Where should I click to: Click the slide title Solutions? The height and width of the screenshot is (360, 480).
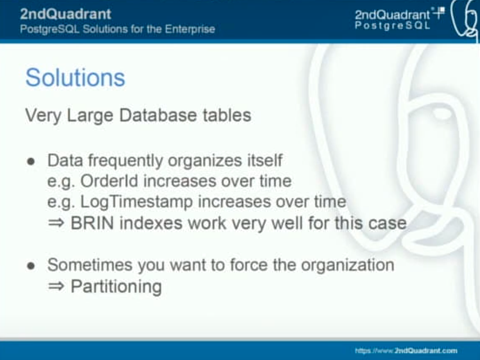[75, 78]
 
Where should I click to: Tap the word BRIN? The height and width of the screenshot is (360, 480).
[92, 223]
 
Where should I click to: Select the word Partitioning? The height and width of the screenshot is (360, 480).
[116, 287]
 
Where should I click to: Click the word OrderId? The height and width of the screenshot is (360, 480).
[109, 181]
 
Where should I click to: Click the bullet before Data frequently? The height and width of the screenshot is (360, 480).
[31, 161]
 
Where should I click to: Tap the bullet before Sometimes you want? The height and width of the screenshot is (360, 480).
[31, 266]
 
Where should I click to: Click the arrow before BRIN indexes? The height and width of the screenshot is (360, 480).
[56, 224]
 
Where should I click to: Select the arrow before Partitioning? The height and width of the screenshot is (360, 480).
[56, 286]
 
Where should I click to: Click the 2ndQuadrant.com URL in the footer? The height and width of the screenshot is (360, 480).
[406, 350]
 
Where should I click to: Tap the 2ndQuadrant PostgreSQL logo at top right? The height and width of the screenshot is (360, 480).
[400, 19]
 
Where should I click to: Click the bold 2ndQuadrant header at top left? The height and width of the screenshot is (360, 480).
[66, 14]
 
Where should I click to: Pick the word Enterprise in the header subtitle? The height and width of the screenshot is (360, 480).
[190, 29]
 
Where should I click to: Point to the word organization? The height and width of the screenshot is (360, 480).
[347, 265]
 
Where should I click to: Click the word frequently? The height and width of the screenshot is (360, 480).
[125, 161]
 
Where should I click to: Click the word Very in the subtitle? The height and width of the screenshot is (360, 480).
[43, 116]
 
